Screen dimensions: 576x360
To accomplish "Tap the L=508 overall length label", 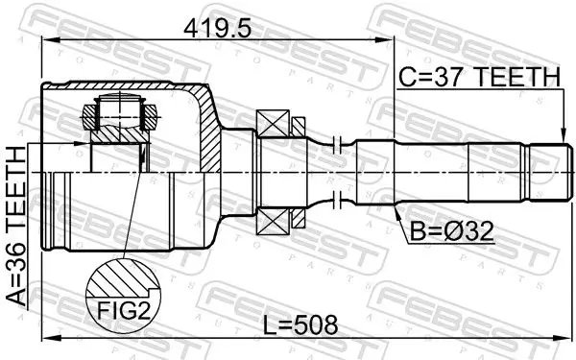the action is (x=301, y=324).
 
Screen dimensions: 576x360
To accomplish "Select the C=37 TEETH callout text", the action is (x=480, y=77).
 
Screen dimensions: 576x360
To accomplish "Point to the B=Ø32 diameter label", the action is (x=451, y=232).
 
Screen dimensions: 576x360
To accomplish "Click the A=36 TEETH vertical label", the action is (x=17, y=226).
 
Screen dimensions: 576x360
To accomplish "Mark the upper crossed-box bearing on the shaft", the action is (x=273, y=124).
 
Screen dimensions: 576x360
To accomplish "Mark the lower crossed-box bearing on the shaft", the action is (x=273, y=221).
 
